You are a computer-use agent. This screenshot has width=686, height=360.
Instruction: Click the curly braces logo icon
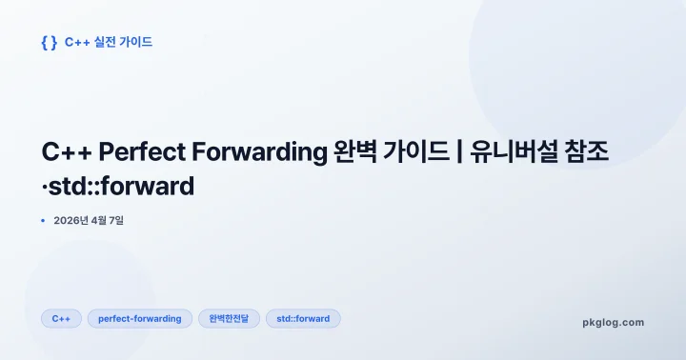point(50,43)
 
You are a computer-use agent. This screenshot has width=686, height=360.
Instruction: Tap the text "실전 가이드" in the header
point(122,43)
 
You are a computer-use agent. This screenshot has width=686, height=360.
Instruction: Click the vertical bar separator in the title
point(459,152)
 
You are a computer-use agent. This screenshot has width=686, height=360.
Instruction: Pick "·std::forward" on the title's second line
point(118,186)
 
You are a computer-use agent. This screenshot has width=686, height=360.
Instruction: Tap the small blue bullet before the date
point(44,221)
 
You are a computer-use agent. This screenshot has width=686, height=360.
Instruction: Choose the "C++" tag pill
point(61,318)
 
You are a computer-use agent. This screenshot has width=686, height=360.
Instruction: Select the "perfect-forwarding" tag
point(140,318)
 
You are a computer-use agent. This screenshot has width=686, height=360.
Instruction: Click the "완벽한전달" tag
point(229,318)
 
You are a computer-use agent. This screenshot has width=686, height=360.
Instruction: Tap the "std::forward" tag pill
point(303,318)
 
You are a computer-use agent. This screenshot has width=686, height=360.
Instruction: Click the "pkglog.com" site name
point(613,323)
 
